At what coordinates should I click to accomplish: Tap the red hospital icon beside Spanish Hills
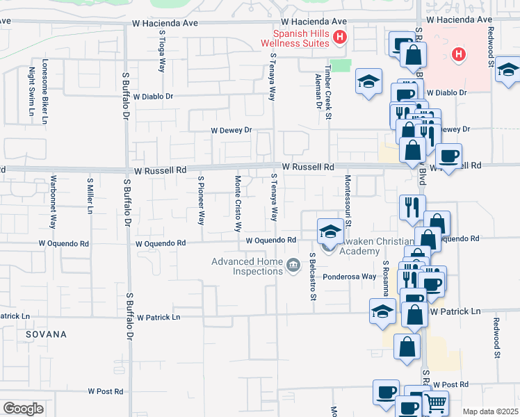tap(340, 38)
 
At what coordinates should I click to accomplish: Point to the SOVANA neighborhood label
tap(46, 334)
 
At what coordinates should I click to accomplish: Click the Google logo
tap(23, 409)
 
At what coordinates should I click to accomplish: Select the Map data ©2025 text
tap(490, 411)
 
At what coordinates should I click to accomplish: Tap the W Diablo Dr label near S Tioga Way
tap(154, 97)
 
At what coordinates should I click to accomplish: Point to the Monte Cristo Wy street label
tap(238, 203)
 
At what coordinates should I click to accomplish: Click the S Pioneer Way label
tap(201, 200)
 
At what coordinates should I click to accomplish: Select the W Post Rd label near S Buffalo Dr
tap(106, 392)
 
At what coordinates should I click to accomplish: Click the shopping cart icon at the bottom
tap(435, 403)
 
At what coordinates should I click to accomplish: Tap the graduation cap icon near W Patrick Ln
tap(383, 313)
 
